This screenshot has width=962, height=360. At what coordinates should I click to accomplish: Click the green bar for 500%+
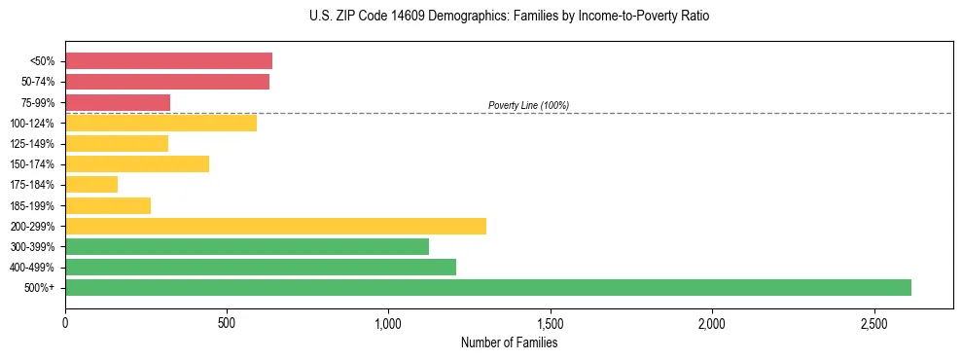[487, 287]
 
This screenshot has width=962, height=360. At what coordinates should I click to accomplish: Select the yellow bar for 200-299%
[275, 226]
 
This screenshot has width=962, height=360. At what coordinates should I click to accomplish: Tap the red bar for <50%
[168, 61]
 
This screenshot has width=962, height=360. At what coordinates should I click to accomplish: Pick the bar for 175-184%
[91, 185]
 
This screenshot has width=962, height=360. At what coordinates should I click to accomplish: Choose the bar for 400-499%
[261, 267]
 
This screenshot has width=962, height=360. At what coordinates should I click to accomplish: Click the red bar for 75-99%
[118, 102]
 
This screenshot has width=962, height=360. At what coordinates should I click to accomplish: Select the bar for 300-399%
[247, 246]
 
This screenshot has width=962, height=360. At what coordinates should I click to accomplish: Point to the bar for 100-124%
[160, 123]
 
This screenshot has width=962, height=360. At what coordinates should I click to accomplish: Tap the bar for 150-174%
[137, 163]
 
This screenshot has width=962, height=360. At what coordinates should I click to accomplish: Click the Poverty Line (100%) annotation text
[528, 105]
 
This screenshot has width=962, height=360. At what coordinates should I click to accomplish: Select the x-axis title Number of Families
[509, 342]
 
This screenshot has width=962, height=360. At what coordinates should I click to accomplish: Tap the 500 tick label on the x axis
[227, 323]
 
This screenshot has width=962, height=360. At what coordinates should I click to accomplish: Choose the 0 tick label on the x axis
[65, 323]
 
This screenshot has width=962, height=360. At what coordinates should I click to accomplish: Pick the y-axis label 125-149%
[36, 144]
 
